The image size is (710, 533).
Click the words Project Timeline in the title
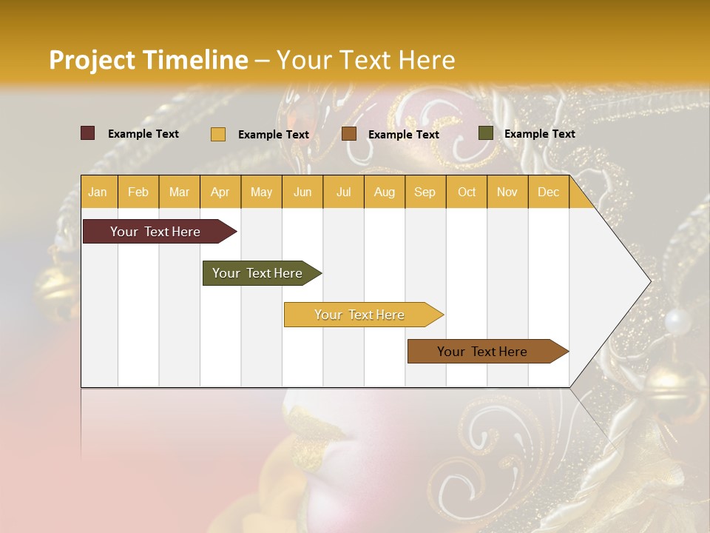point(148,60)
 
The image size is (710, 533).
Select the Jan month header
point(98,192)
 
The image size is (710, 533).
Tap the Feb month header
point(138,192)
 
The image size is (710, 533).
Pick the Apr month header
point(220,192)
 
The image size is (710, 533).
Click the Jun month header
point(302,192)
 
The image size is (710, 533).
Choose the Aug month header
point(384,192)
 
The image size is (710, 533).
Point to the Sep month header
point(425,192)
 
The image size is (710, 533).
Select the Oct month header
point(467,192)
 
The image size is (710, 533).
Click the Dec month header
point(548,192)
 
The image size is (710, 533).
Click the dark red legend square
point(87,133)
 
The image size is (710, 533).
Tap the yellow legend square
point(217,134)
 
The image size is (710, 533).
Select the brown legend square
point(348,133)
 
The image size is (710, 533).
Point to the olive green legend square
point(485,133)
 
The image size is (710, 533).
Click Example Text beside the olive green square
point(539,134)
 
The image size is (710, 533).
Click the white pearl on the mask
point(677,322)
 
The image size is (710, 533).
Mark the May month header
point(261,192)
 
